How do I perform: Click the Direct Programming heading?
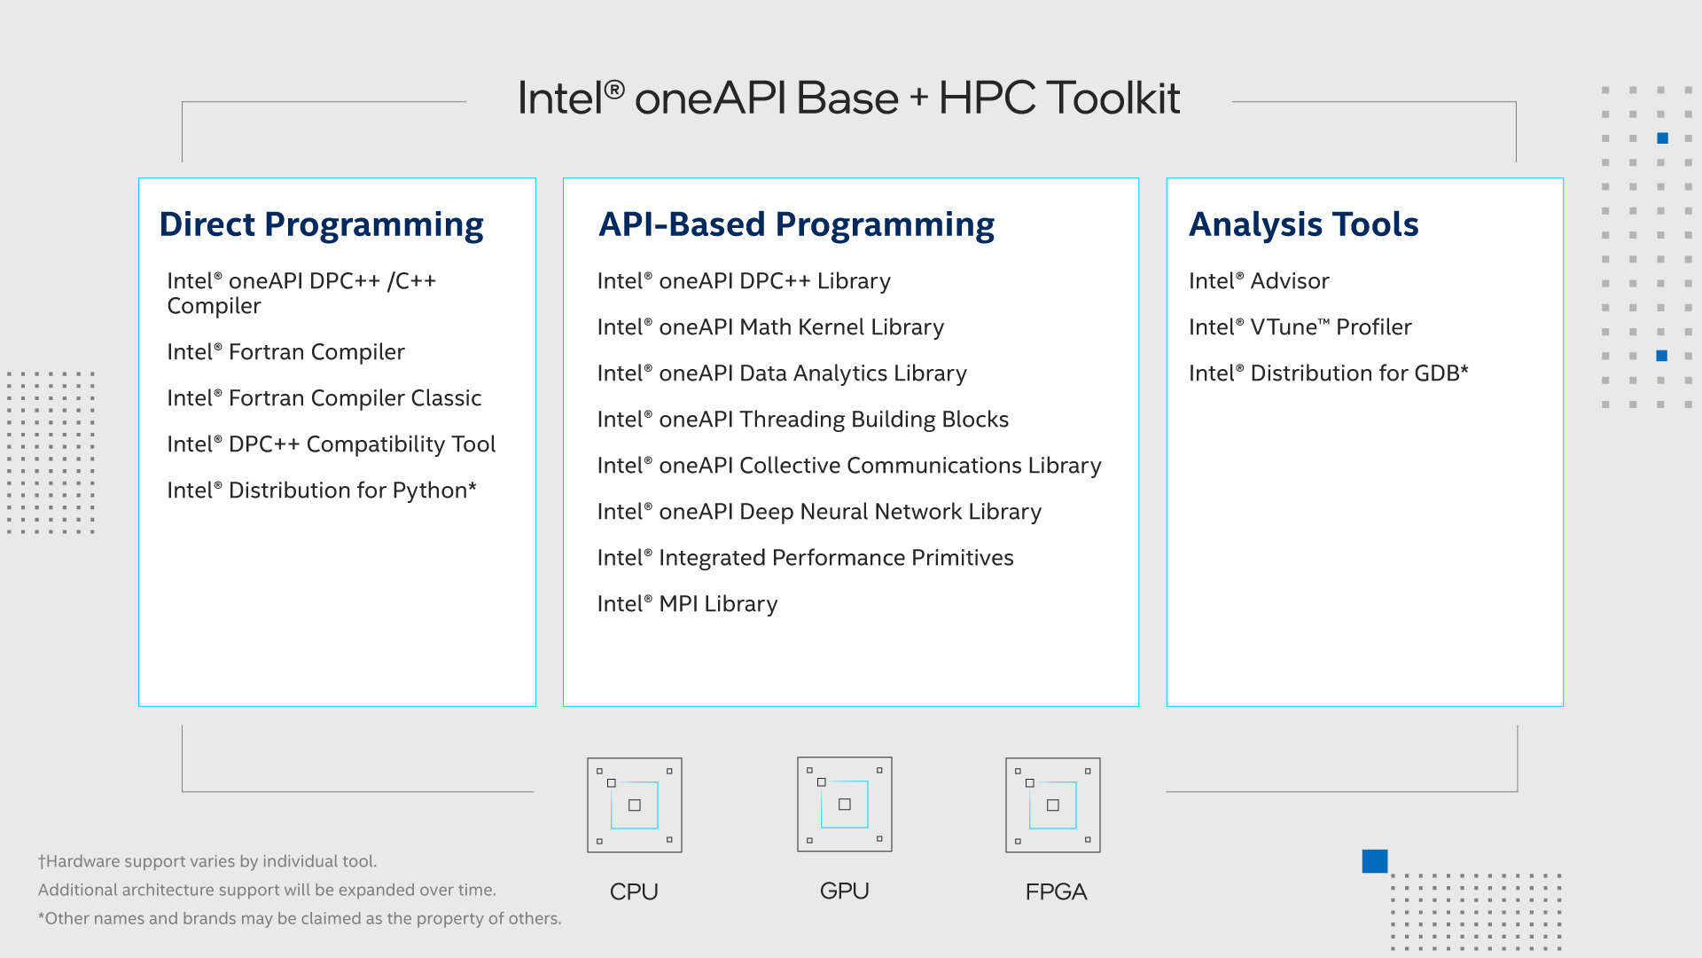321,225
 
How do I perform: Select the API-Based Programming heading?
796,225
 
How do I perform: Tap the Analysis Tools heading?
1303,224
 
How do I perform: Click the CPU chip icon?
635,805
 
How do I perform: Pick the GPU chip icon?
845,804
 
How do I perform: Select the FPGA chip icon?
1053,805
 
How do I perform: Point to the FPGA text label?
1056,891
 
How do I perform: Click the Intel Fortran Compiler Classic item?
324,397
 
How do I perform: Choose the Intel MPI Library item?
687,604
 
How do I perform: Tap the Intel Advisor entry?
1259,281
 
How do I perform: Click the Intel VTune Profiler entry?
1300,327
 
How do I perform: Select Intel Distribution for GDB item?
1328,373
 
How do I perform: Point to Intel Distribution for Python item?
322,491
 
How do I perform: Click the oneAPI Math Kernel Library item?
770,327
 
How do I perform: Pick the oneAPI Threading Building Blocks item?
803,420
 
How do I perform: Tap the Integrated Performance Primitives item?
805,558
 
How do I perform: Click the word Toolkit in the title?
1113,98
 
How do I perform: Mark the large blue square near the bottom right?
1375,861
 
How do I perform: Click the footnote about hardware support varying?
207,861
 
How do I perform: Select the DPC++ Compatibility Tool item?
331,444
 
